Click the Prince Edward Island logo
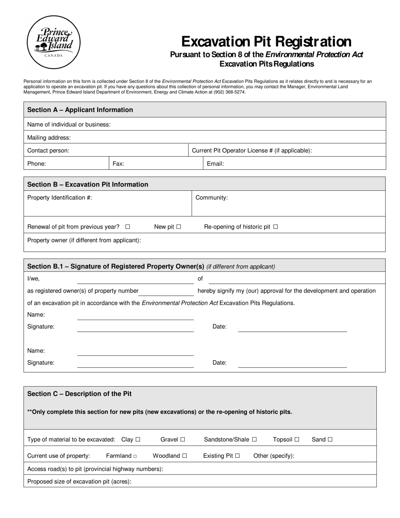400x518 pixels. pos(53,42)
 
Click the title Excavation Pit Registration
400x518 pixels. pos(266,42)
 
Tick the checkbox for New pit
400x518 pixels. pos(179,227)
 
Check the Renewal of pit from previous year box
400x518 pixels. pos(128,227)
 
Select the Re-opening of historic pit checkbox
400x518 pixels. pos(276,227)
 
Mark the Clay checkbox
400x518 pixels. pos(138,440)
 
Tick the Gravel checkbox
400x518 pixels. pos(183,440)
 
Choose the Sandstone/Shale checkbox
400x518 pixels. pos(254,440)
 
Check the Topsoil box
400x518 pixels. pos(297,440)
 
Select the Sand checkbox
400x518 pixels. pos(330,440)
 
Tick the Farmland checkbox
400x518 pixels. pos(135,456)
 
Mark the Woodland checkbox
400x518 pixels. pos(184,456)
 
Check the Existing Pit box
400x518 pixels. pos(237,456)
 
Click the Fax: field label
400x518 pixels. pos(118,164)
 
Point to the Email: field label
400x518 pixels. pos(215,164)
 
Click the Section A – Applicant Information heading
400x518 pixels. pos(80,110)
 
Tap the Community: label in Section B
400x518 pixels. pos(212,198)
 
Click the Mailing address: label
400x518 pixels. pos(49,138)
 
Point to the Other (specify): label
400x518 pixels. pos(274,456)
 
